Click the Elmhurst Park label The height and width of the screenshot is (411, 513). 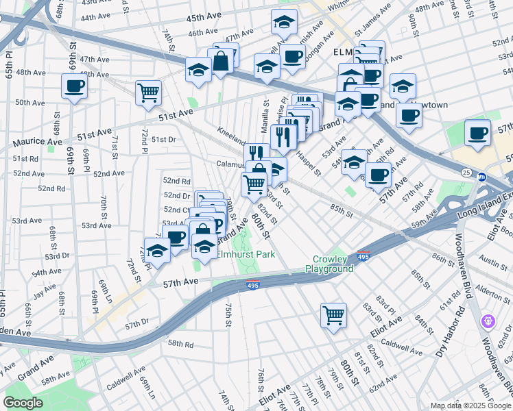point(246,254)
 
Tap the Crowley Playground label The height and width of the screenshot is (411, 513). point(334,264)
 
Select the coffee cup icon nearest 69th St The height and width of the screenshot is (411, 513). point(74,86)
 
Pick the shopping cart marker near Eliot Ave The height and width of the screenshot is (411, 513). point(333,316)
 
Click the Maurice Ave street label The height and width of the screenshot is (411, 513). point(35,142)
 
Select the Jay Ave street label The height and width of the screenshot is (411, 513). point(45,290)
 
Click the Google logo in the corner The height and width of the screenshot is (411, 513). point(23,403)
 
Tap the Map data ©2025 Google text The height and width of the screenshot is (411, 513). point(470,406)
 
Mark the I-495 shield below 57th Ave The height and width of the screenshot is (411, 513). point(253,286)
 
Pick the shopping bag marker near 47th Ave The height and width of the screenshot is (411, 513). point(223,62)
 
